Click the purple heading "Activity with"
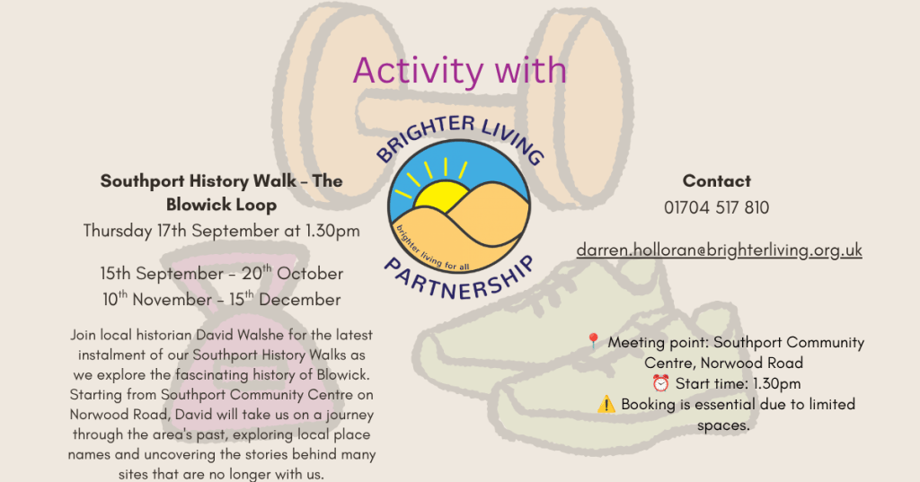tap(459, 71)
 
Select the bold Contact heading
tap(716, 180)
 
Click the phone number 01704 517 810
tap(716, 207)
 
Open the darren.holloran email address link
tap(720, 250)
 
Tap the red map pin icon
tap(593, 341)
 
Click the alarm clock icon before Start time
tap(660, 383)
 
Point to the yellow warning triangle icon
tap(606, 404)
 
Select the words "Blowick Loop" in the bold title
tap(221, 205)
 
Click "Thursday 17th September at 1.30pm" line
tap(221, 231)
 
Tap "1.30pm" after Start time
tap(777, 383)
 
